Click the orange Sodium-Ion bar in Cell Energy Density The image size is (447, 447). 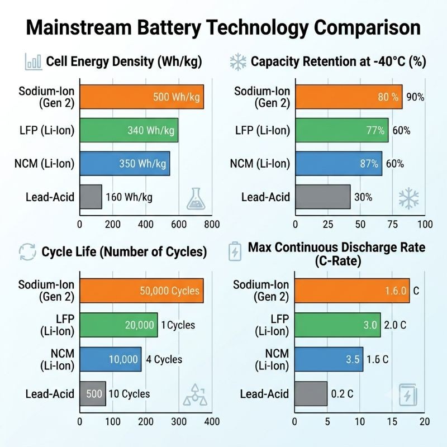point(142,97)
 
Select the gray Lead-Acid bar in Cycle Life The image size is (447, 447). point(93,394)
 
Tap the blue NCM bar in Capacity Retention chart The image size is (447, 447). point(339,164)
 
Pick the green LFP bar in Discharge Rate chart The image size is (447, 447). point(338,325)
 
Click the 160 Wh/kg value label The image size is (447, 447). point(129,197)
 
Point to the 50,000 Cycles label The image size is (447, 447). point(170,291)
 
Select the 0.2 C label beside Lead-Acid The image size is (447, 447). point(342,394)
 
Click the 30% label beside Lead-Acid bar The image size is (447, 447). point(363,197)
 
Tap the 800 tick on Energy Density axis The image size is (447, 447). point(212,225)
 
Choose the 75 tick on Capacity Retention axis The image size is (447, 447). point(393,225)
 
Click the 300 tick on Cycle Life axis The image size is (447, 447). point(179,422)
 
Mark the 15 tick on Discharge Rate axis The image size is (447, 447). point(392,422)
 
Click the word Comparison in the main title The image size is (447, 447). point(367,28)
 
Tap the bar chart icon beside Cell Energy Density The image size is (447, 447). point(34,61)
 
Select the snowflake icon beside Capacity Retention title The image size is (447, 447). point(238,61)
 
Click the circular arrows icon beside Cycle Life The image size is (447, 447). point(27,252)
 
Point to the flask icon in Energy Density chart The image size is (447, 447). point(196,199)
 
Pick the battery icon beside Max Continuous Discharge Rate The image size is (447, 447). point(235,251)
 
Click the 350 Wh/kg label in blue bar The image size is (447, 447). point(142,164)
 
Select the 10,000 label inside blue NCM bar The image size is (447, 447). point(123,359)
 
